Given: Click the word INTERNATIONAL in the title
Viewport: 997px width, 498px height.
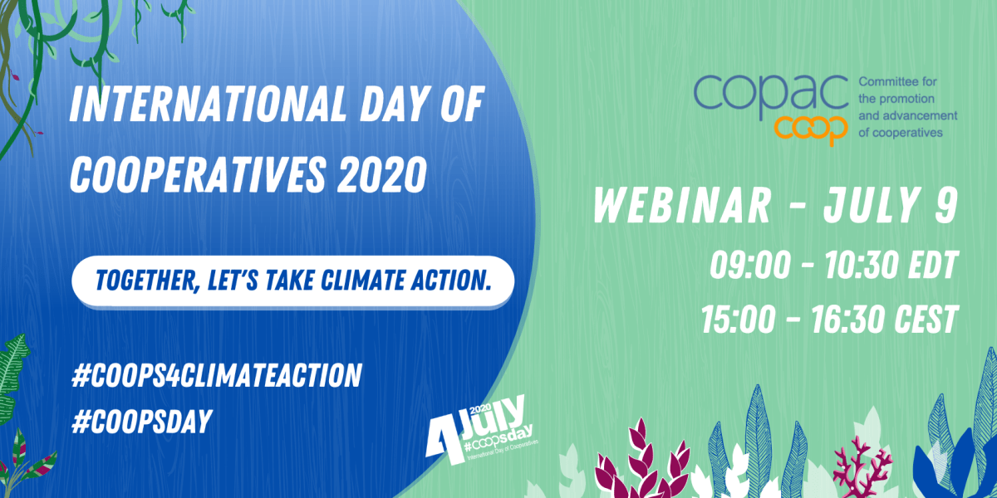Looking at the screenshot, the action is coord(208,104).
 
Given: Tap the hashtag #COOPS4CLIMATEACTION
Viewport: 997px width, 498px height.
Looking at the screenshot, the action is coord(216,375).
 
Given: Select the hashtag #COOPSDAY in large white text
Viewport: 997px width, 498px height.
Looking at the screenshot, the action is coord(141,421).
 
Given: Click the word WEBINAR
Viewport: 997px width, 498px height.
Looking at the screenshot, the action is coord(682,206).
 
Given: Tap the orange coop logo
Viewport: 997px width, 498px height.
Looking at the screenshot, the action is coord(811,129).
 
